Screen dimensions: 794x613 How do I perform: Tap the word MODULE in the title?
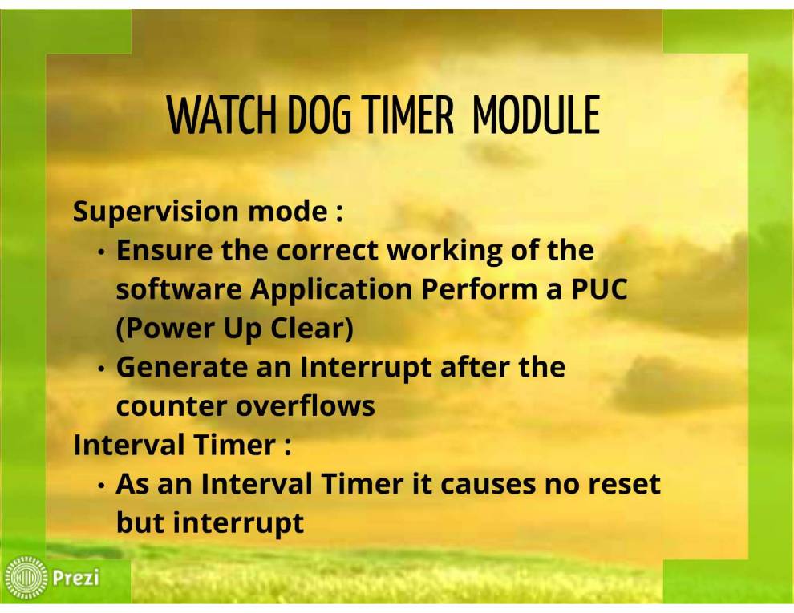536,115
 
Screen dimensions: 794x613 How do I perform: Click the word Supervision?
156,212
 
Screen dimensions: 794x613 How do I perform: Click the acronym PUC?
600,289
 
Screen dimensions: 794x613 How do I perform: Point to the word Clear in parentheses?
311,329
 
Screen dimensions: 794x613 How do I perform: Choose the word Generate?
182,367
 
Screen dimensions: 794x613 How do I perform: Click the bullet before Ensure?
103,252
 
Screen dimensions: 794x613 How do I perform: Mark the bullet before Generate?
103,369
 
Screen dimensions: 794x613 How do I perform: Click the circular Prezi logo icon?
26,577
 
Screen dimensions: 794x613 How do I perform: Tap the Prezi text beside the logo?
76,578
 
